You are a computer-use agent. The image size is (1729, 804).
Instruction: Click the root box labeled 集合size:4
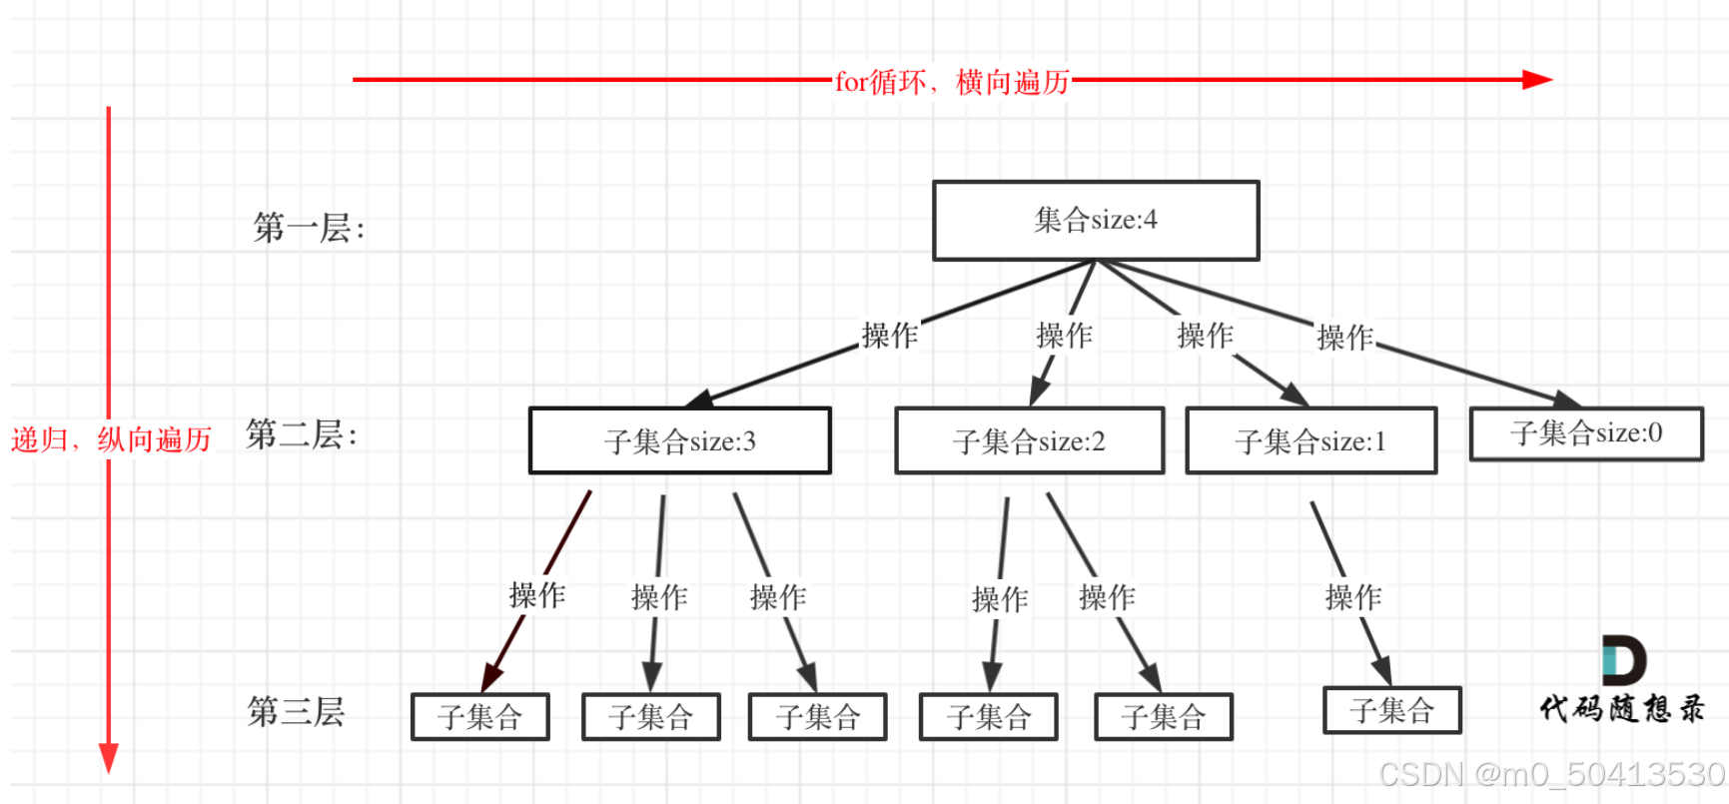(x=1096, y=221)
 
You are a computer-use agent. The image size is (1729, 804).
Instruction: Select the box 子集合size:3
(x=679, y=440)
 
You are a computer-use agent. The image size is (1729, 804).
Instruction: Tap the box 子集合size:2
(x=1029, y=440)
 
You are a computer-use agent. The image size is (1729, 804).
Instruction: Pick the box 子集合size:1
(x=1310, y=440)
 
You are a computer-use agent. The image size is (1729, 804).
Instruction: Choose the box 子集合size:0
(x=1586, y=433)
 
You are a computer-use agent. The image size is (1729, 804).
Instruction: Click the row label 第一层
(x=309, y=229)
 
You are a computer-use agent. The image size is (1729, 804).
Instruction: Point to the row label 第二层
(x=301, y=435)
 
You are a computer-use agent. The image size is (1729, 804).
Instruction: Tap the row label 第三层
(x=296, y=712)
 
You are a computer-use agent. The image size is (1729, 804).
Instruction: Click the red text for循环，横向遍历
(x=952, y=82)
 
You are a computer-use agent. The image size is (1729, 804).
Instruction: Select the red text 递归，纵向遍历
(x=111, y=439)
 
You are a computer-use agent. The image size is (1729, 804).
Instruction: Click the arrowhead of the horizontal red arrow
(x=1537, y=80)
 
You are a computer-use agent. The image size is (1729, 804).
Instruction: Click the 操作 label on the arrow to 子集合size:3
(x=889, y=336)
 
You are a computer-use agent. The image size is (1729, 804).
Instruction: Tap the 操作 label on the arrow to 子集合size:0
(x=1344, y=338)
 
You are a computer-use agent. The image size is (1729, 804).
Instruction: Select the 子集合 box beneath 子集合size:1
(x=1391, y=710)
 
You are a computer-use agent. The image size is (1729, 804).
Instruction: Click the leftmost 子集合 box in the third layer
(x=479, y=717)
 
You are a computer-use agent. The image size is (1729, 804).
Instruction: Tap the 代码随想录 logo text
(x=1622, y=709)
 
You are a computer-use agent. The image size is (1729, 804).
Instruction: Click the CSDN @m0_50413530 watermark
(x=1551, y=775)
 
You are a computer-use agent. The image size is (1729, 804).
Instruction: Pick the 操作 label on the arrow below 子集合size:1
(x=1352, y=597)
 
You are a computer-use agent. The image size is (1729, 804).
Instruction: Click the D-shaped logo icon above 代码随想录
(x=1623, y=659)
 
